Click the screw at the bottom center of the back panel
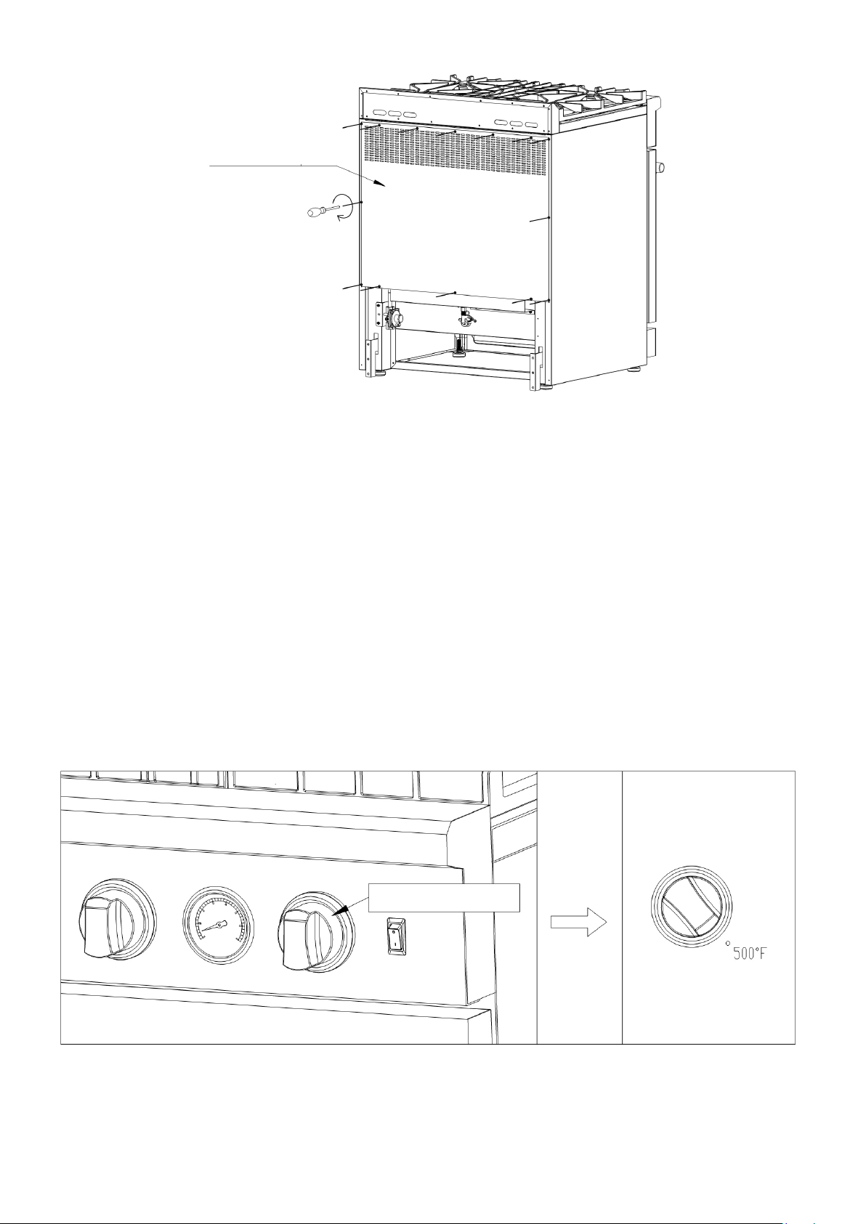click(x=455, y=293)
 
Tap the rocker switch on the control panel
click(x=396, y=936)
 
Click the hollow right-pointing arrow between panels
click(x=578, y=922)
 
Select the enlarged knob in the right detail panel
click(x=691, y=907)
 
